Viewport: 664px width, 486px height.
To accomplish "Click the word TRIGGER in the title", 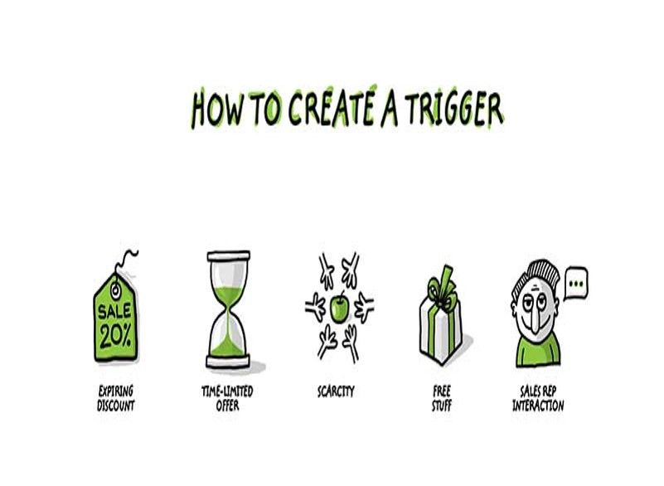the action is coord(454,109).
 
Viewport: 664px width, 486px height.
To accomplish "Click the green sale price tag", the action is coord(115,317).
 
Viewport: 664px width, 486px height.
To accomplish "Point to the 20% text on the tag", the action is coord(115,336).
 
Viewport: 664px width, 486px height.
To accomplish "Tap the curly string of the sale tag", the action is coord(126,260).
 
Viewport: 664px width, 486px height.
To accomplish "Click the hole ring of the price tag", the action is coord(115,290).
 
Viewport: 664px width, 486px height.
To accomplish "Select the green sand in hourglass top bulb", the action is coord(228,296).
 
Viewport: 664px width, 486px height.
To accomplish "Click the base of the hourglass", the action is coord(228,362).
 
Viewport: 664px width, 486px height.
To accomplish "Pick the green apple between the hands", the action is coord(340,308).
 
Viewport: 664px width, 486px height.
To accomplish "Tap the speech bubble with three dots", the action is coord(576,283).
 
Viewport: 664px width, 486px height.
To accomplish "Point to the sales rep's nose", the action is coord(535,319).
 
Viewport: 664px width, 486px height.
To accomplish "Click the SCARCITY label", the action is coord(336,391).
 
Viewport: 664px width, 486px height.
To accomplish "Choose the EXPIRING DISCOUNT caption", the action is coord(115,398).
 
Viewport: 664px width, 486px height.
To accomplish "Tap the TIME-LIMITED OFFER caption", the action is coord(227,398).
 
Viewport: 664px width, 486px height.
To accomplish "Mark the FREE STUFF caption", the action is coord(442,398).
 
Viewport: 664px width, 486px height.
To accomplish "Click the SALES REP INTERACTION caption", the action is coord(538,398).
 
